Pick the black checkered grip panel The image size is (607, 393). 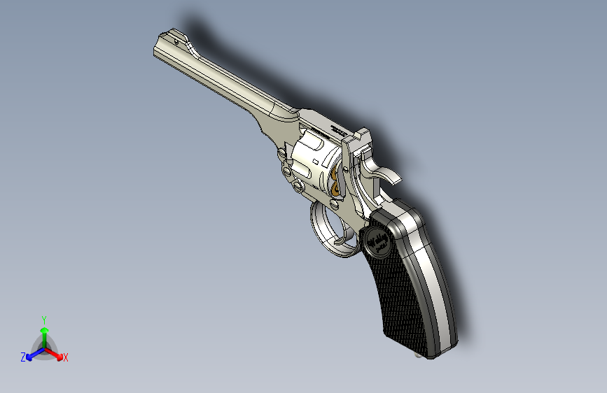coord(403,294)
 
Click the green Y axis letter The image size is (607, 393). coord(43,318)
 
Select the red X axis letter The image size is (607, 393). coord(66,357)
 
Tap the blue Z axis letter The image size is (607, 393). coord(23,357)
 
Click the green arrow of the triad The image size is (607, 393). coord(43,331)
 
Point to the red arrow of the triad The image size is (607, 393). coord(57,353)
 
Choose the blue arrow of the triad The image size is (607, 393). coord(32,354)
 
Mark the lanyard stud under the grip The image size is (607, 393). coord(421,355)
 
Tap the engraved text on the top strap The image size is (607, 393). coord(337,129)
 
